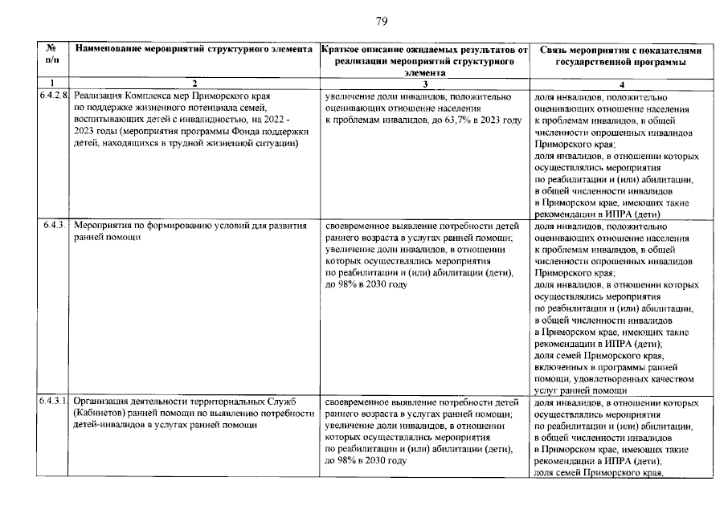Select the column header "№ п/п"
(x=51, y=55)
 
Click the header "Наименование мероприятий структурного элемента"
(x=194, y=50)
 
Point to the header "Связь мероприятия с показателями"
(x=620, y=55)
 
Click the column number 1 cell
(x=51, y=84)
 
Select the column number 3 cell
(x=424, y=84)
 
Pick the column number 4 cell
(x=620, y=84)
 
